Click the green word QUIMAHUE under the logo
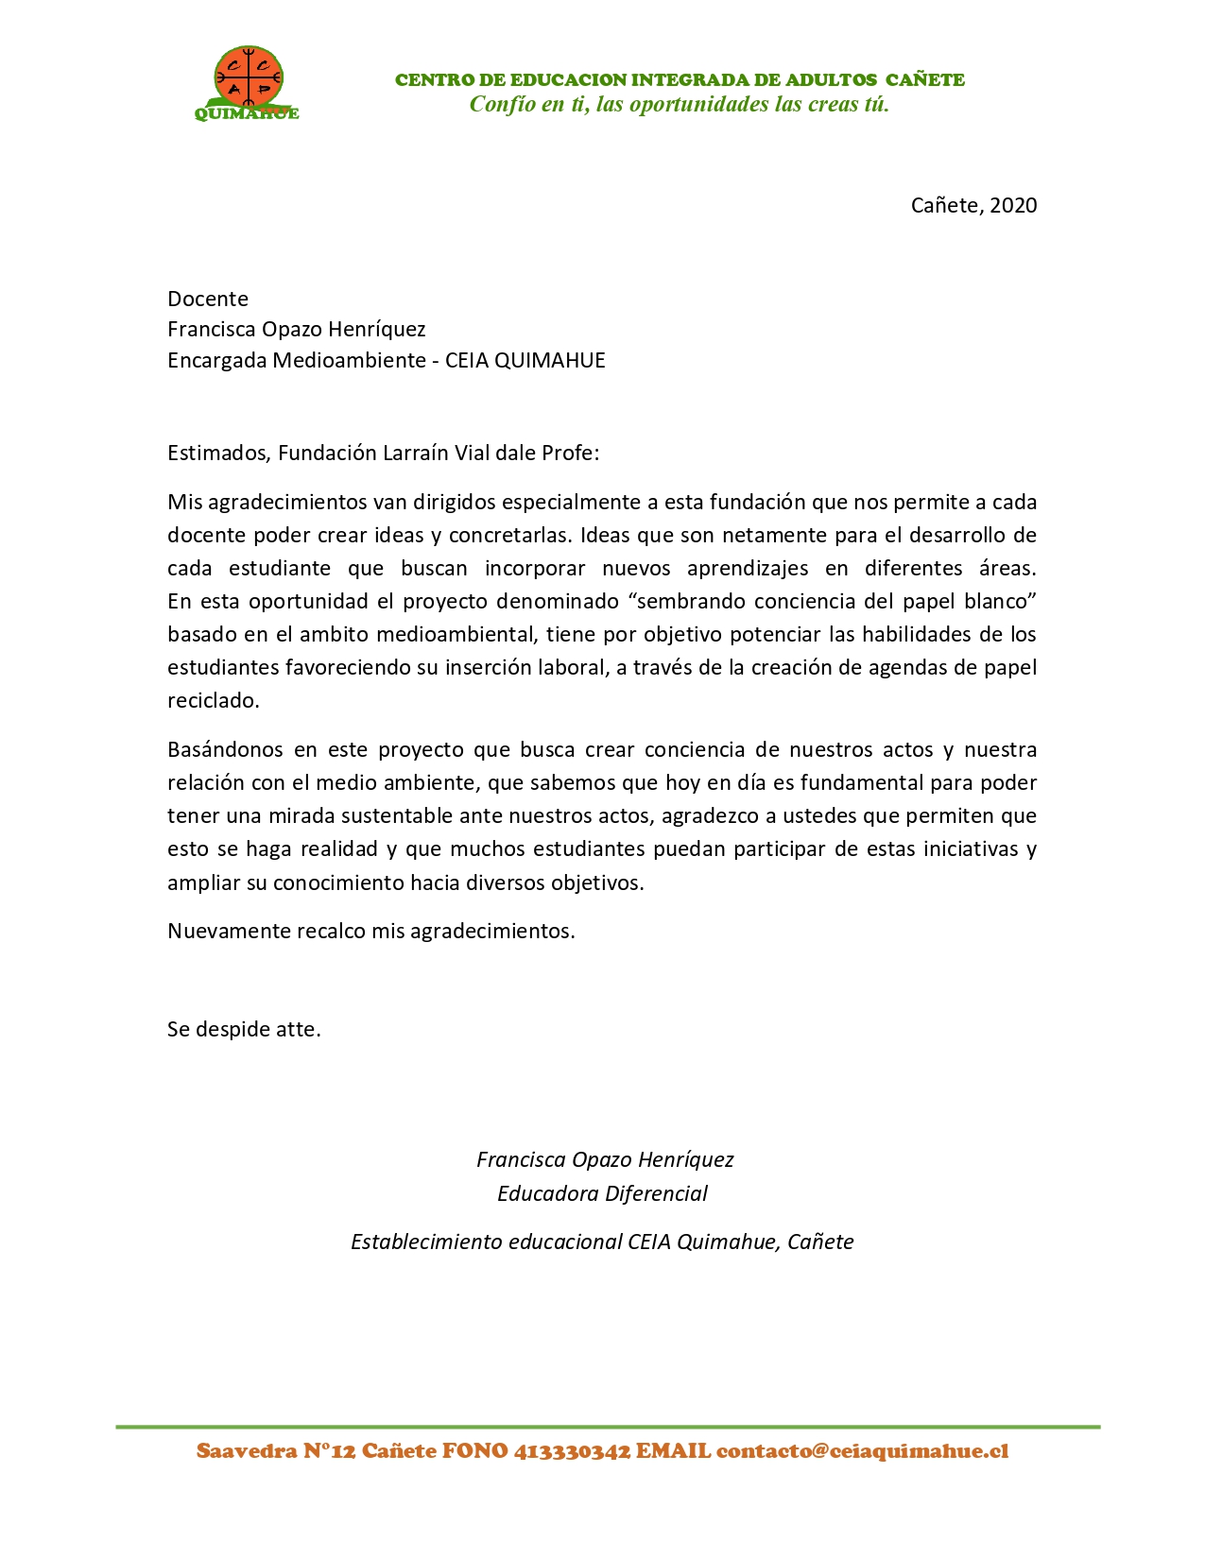click(247, 114)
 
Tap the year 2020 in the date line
click(1013, 205)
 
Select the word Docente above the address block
click(208, 299)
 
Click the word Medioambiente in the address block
click(349, 360)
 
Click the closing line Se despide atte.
click(244, 1029)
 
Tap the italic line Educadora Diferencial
click(602, 1193)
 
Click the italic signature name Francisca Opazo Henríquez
click(604, 1159)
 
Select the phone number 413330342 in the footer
click(572, 1451)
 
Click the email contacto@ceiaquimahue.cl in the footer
click(862, 1451)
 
